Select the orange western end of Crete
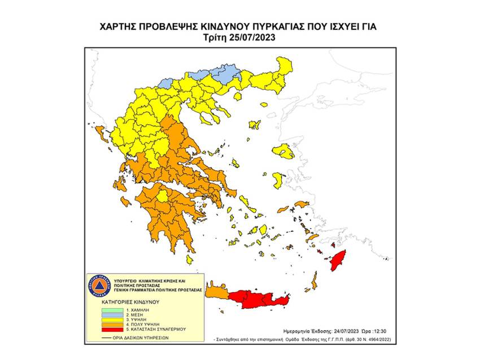point(217,293)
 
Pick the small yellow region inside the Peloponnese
point(163,197)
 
